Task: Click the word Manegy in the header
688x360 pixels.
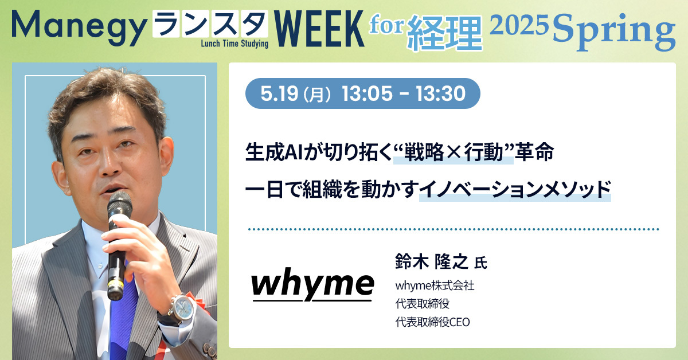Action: pos(79,28)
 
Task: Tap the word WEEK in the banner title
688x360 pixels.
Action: pos(319,29)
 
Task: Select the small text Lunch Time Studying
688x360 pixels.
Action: pos(234,44)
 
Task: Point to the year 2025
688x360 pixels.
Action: pos(519,25)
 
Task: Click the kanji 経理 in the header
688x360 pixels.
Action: pos(445,33)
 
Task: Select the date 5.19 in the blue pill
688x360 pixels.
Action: pos(279,93)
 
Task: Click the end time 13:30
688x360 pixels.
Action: pos(441,93)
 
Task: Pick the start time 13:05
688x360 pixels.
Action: pos(367,93)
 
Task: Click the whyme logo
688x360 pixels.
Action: pos(312,284)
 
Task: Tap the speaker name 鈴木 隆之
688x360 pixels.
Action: pos(432,262)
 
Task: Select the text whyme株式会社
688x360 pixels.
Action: pos(435,285)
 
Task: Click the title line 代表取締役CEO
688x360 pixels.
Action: pos(432,322)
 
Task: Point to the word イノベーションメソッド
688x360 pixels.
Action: pos(515,189)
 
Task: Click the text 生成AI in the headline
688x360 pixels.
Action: pos(274,152)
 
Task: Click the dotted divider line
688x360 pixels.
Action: pos(454,229)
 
